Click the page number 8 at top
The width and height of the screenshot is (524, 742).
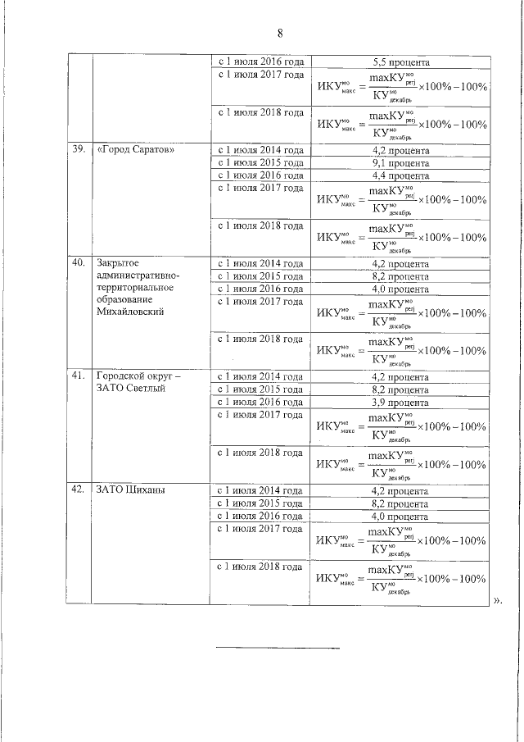pos(279,34)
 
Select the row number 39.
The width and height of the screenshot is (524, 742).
pos(79,151)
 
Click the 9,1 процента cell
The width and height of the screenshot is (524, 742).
pos(400,163)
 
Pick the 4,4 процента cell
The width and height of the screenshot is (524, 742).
pos(400,175)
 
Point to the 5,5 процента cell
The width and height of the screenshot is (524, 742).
pos(400,61)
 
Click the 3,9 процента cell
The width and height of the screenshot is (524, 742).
pos(400,403)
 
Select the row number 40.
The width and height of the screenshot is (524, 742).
pos(79,264)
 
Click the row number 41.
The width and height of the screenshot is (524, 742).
pos(79,377)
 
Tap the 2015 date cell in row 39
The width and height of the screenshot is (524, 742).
pos(260,163)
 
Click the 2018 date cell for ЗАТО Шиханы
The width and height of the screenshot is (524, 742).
pos(260,566)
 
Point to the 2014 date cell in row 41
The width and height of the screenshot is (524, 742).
pos(260,378)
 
